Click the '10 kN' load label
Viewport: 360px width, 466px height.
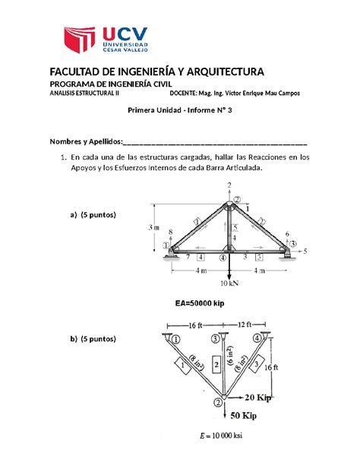(229, 284)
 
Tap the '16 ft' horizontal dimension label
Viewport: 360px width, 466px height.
(194, 325)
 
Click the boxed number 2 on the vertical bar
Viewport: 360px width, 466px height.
(216, 365)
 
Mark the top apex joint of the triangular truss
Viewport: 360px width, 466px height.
(229, 204)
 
